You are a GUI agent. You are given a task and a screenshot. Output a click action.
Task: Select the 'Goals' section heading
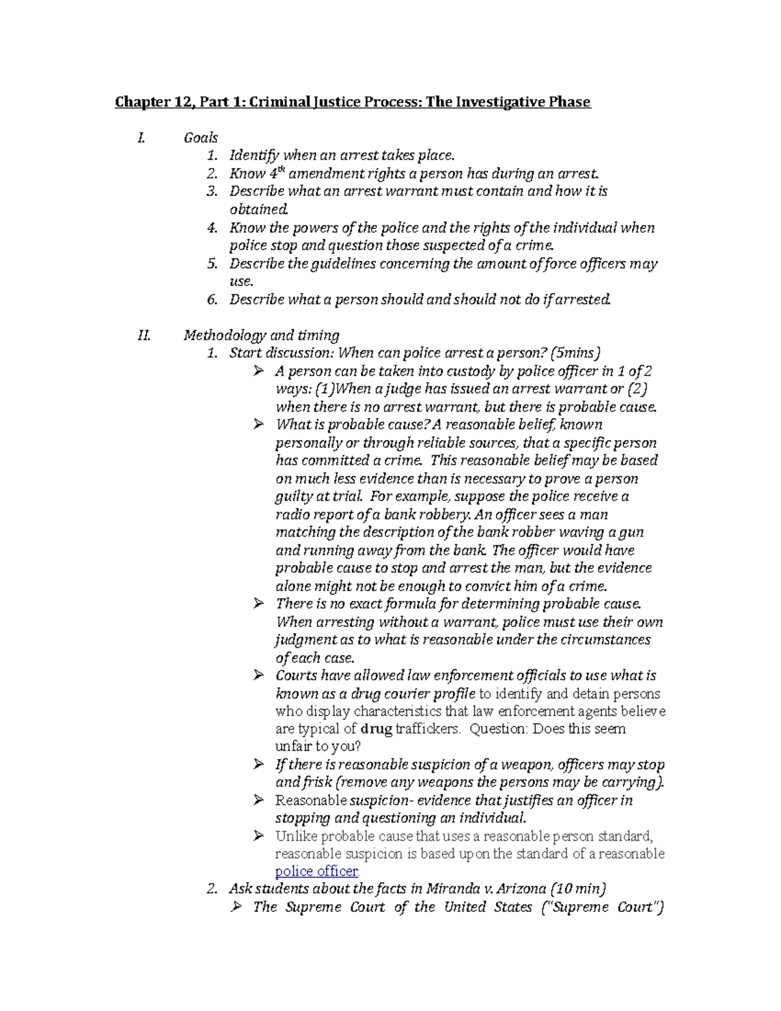coord(200,137)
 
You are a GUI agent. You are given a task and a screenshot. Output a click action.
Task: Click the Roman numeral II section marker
coord(144,335)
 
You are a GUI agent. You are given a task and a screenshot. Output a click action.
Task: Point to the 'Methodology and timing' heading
coord(261,335)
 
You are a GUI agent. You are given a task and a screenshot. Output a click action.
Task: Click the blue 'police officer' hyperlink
coord(316,872)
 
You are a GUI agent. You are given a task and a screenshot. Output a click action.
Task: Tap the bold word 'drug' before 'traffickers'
coord(376,729)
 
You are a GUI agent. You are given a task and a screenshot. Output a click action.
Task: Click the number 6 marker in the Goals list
coord(211,299)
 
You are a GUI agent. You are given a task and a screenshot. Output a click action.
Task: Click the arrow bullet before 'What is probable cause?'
coord(258,424)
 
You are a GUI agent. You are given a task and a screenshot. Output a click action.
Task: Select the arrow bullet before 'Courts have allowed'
coord(258,675)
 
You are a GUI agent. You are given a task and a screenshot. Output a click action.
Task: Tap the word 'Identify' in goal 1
coord(254,155)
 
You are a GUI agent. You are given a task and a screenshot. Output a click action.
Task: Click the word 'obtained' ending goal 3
coord(258,210)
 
